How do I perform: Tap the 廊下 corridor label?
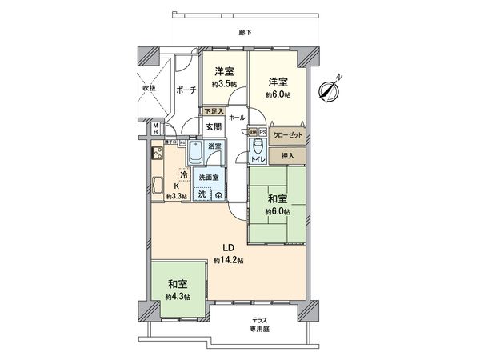pos(243,33)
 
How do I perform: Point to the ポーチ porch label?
pos(184,90)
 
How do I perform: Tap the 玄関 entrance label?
pos(212,127)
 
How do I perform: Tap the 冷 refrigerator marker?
pos(184,174)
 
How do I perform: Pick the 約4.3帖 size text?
pos(178,297)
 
